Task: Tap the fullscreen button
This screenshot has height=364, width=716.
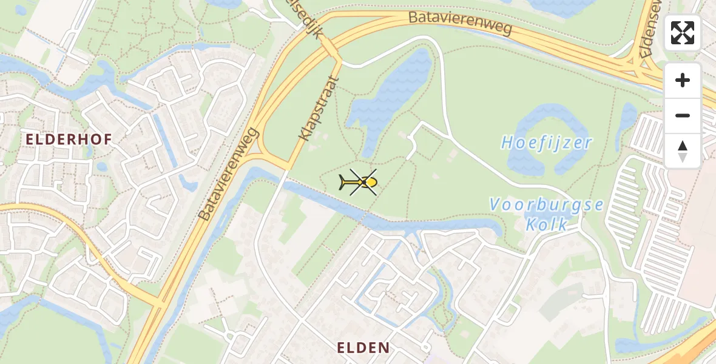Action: click(x=683, y=33)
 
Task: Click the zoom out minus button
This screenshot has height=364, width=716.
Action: click(x=683, y=115)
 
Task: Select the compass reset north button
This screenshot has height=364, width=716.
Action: click(x=683, y=151)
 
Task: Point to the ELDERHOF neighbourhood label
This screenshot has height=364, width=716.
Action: click(x=69, y=140)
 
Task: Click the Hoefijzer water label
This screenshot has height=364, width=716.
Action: click(x=547, y=143)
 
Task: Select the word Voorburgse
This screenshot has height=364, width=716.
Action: click(x=547, y=204)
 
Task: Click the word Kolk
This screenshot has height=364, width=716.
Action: click(x=547, y=224)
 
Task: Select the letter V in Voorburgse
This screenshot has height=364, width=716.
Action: click(x=495, y=205)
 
